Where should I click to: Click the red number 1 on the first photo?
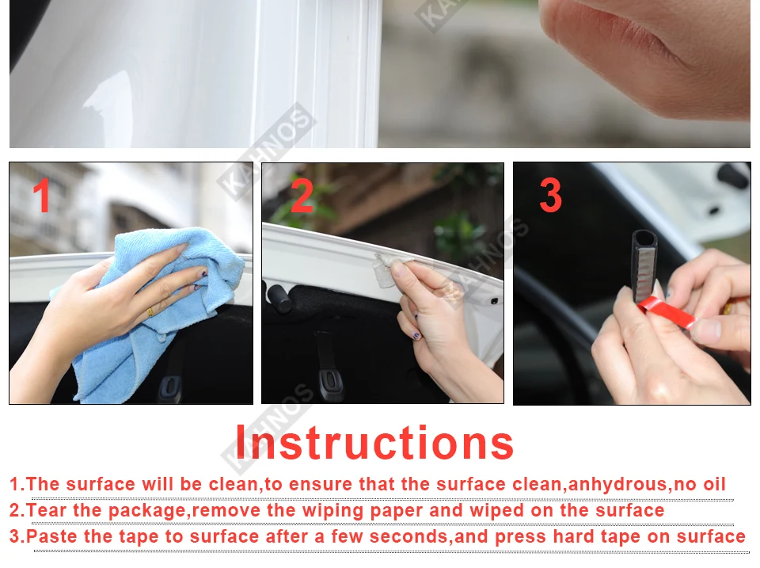[x=42, y=195]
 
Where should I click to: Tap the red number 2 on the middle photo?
[x=302, y=195]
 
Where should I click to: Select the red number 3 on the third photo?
[x=551, y=195]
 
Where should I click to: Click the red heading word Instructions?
[x=374, y=442]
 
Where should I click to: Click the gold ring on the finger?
[x=150, y=312]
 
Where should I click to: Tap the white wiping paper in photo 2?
[x=387, y=270]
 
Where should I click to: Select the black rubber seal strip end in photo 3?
[x=644, y=265]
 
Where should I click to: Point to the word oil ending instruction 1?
[x=715, y=484]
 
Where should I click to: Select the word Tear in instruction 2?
[x=46, y=510]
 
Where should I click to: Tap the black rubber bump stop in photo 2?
[x=278, y=297]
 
